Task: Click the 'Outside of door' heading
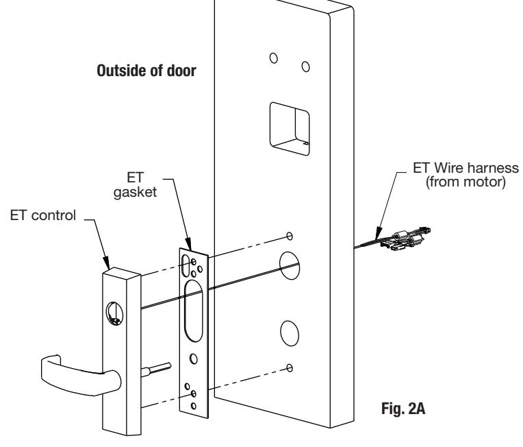146,71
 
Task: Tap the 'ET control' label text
43,215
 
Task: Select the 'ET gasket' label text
135,184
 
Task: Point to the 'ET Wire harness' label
466,168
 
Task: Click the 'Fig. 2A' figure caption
403,408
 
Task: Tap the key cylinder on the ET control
114,313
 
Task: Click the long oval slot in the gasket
194,311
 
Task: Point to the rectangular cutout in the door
290,129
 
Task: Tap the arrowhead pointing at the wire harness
378,233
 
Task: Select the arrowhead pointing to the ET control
106,263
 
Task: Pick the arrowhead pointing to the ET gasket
188,244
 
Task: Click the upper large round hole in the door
289,265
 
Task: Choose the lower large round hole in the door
290,333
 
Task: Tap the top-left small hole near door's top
274,58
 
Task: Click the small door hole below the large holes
290,368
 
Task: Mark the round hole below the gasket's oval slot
194,359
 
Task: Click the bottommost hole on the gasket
194,406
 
